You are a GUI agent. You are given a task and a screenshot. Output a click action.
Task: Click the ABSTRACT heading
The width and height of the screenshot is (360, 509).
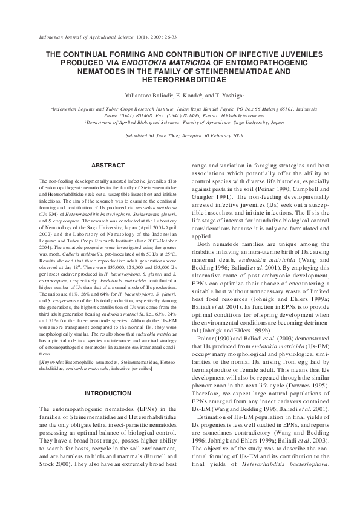[x=108, y=165]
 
